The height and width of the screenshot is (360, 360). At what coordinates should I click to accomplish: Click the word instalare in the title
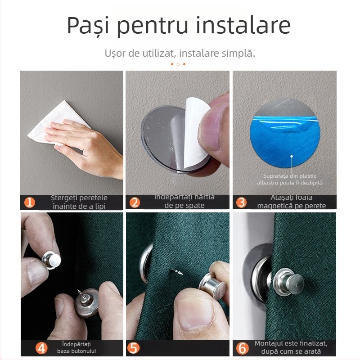coord(245,26)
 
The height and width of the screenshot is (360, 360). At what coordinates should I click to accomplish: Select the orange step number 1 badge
coord(29,202)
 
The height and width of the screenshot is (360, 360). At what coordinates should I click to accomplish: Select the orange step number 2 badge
coord(135,202)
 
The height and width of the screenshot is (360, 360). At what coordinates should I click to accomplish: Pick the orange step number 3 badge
coord(241,202)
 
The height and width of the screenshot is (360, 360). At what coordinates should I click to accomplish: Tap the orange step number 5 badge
coord(135,348)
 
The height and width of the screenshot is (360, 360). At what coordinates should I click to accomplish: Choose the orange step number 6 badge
coord(241,348)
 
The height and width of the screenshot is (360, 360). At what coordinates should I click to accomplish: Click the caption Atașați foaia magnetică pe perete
coord(291,202)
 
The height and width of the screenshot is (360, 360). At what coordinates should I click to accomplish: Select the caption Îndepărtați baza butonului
coord(76,347)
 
